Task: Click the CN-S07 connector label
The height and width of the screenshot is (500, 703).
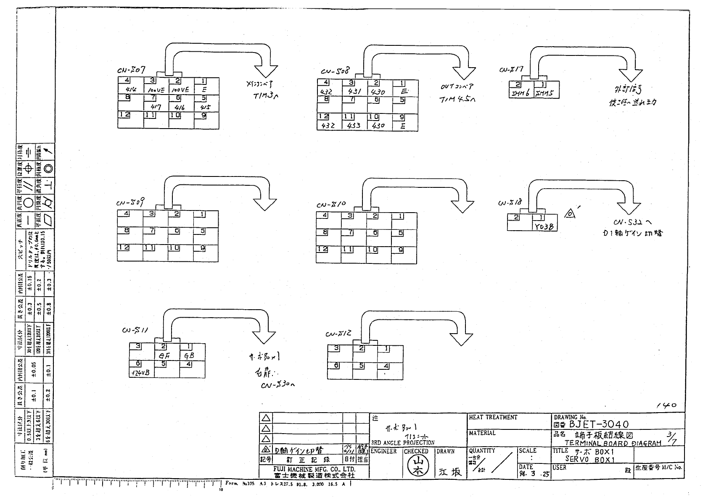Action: [132, 70]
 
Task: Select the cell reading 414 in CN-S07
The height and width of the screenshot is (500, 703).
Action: [131, 89]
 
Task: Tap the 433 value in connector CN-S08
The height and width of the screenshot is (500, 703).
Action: [354, 125]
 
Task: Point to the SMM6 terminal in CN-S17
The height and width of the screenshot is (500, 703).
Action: [521, 94]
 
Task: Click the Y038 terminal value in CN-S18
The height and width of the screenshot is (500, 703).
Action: [544, 226]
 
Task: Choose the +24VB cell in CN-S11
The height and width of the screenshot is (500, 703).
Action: [141, 373]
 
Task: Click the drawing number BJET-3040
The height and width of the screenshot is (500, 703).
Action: [599, 424]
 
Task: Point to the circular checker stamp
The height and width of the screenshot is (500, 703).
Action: [415, 466]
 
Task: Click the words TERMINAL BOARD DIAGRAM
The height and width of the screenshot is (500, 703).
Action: [613, 443]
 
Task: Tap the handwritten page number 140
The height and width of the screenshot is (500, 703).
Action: [666, 405]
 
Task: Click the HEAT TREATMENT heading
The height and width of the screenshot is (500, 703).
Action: [493, 417]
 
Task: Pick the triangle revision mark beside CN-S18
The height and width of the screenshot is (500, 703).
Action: [569, 214]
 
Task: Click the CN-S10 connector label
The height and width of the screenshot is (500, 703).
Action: [331, 205]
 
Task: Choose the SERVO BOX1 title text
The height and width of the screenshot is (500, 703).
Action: [589, 459]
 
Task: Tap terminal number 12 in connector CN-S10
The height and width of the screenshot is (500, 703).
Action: [323, 249]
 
